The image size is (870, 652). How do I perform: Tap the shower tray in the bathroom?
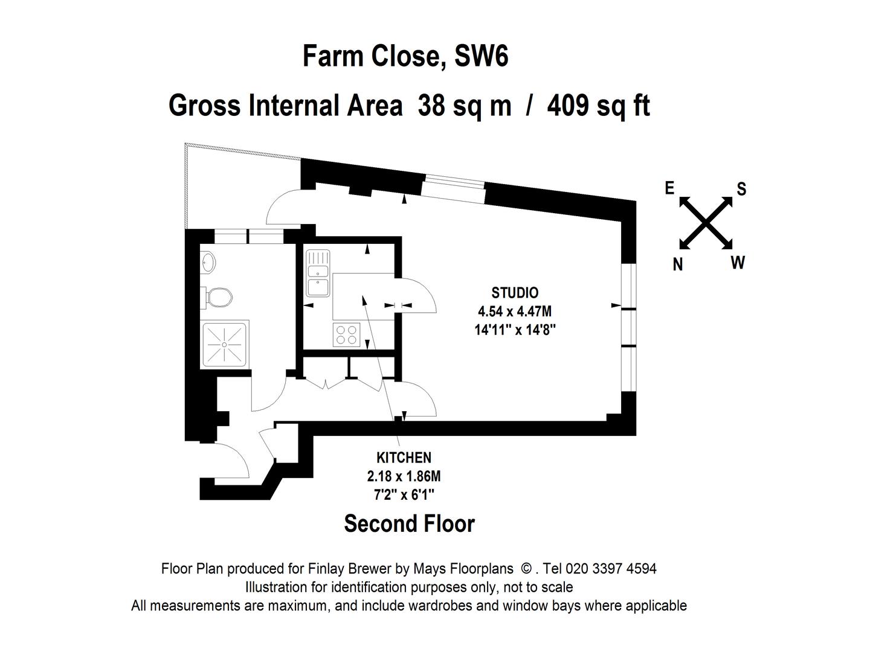coord(225,344)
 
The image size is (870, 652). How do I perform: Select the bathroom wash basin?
coord(208,261)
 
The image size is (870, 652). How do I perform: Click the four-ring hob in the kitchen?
coord(346,334)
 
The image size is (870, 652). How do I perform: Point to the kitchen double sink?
coord(318,273)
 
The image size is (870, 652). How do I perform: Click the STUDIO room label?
coord(515,293)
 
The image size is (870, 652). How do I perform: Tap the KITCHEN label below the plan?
coord(404,458)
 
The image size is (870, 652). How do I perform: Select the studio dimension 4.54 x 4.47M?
coord(515,312)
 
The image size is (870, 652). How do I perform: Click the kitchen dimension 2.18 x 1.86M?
coord(404,476)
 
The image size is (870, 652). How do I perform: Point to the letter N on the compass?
coord(678,264)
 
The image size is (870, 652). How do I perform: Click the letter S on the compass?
coord(741,189)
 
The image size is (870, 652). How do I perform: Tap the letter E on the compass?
coord(669,188)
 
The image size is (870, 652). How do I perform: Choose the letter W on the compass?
coord(738,263)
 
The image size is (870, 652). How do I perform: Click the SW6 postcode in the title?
coord(481,56)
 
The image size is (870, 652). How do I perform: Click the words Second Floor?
coord(409,524)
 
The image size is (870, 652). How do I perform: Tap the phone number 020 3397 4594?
coord(611,569)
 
